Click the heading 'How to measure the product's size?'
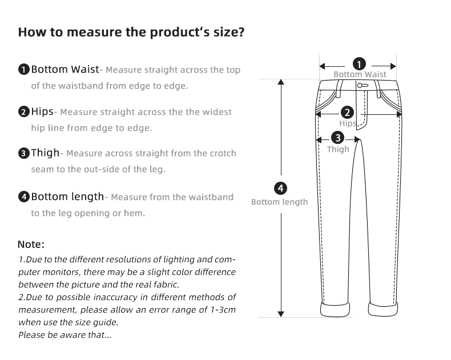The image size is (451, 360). [131, 32]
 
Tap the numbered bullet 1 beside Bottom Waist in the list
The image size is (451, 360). [23, 70]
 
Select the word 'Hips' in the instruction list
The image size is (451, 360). [42, 111]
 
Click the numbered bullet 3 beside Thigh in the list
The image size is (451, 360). [23, 153]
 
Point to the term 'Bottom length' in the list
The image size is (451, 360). [67, 197]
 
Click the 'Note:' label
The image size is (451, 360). [31, 245]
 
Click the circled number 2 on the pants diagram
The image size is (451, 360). [347, 113]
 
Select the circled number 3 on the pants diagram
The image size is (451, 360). [338, 138]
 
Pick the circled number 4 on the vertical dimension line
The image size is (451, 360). [280, 188]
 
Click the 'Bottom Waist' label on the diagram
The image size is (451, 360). [360, 75]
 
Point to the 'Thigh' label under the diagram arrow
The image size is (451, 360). [338, 150]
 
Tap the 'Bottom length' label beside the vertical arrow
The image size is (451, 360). [280, 202]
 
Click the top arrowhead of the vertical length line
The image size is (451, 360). [280, 82]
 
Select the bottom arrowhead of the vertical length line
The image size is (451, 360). [280, 313]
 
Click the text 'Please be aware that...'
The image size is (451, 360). [65, 335]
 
